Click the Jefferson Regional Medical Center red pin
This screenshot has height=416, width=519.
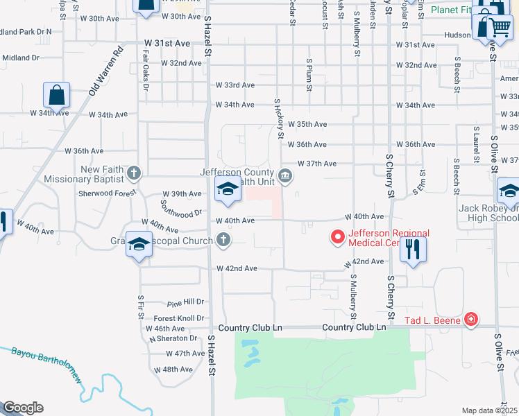[x=338, y=237]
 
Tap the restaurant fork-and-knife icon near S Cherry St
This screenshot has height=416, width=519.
[x=413, y=249]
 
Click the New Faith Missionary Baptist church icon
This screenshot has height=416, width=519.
[x=135, y=173]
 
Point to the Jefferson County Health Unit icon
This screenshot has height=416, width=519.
[x=285, y=177]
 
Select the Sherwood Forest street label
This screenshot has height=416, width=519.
[x=108, y=194]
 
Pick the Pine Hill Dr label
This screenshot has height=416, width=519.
[x=185, y=303]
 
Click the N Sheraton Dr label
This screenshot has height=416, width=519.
[x=173, y=338]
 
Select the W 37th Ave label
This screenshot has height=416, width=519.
[x=317, y=164]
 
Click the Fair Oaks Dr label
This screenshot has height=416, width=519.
[x=146, y=70]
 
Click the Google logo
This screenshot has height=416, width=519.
[x=23, y=408]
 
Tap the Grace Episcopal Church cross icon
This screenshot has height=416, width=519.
[x=223, y=240]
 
